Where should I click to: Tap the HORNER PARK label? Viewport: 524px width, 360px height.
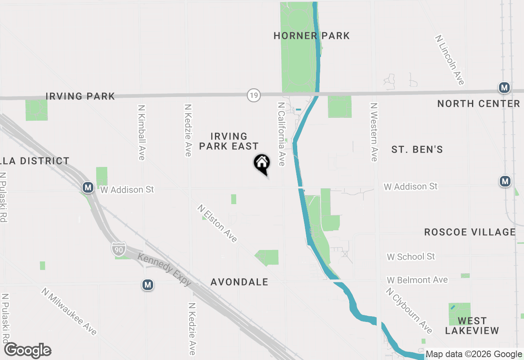click(312, 36)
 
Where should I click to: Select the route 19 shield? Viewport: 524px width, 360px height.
click(253, 96)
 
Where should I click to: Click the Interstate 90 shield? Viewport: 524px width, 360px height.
click(119, 249)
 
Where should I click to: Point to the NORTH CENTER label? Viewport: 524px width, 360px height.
click(479, 103)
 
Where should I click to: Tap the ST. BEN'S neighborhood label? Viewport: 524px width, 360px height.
click(417, 150)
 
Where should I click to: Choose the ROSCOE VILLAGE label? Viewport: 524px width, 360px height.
click(470, 232)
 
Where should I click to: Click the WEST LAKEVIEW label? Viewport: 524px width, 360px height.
click(472, 326)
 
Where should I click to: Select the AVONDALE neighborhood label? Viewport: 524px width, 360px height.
click(239, 282)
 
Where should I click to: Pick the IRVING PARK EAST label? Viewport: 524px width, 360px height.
click(229, 141)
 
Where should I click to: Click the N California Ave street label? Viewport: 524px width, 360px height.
click(281, 134)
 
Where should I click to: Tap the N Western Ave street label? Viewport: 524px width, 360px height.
click(373, 132)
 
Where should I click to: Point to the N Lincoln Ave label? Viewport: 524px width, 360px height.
click(450, 60)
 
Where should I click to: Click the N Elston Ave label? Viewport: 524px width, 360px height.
click(217, 223)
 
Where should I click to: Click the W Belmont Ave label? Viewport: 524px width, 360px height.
click(418, 280)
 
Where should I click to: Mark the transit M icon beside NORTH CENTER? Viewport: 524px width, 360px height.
click(504, 88)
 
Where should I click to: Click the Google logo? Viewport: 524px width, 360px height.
click(28, 351)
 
